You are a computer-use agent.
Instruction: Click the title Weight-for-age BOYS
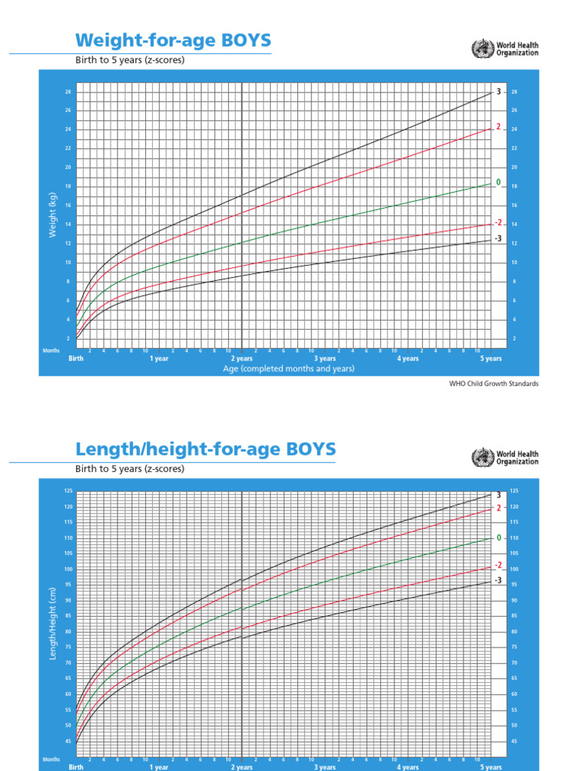(173, 40)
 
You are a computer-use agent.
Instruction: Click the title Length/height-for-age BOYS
(205, 449)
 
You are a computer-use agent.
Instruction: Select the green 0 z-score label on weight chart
(498, 182)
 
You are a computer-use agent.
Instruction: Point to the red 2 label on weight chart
(498, 127)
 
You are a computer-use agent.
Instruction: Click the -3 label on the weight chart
(497, 239)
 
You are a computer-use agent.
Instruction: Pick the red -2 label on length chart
(497, 565)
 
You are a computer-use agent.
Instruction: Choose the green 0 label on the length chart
(498, 538)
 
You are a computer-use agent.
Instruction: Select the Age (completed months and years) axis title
(288, 370)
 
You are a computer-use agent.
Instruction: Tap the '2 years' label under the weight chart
(242, 359)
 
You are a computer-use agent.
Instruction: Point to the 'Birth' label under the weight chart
(76, 359)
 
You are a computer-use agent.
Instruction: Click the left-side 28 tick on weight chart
(68, 92)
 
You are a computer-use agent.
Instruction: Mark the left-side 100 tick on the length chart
(68, 569)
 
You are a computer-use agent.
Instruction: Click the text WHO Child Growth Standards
(494, 383)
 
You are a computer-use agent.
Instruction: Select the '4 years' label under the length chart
(407, 767)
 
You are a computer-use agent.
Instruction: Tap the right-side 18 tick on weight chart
(514, 186)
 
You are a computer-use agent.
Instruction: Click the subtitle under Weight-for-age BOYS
(129, 60)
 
